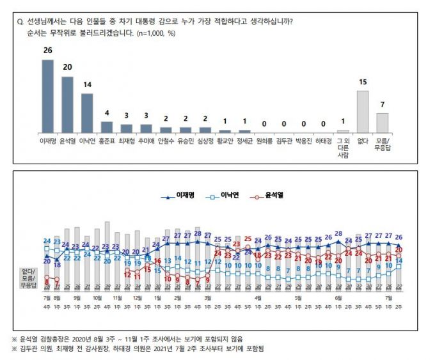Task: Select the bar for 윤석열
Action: tap(67, 104)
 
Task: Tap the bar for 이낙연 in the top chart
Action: tap(87, 113)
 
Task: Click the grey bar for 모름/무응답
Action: tap(382, 122)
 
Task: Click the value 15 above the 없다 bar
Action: tap(362, 84)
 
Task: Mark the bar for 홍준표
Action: tap(107, 126)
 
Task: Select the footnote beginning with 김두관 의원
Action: tap(146, 348)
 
